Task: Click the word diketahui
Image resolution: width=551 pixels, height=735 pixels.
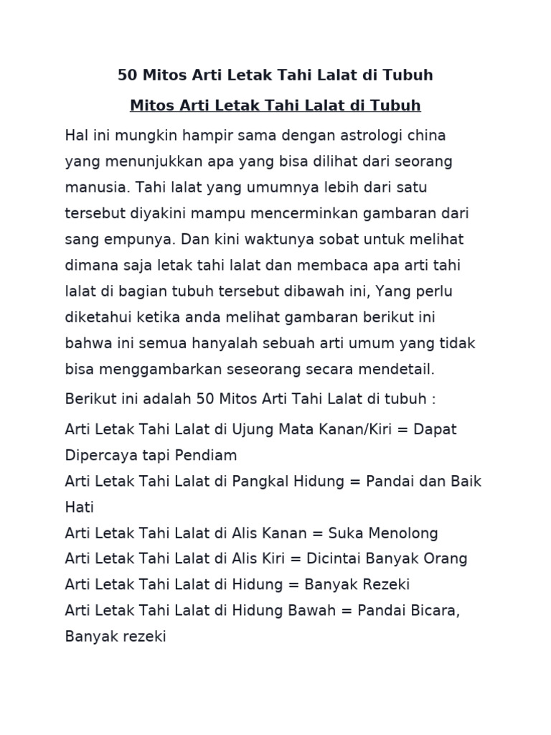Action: tap(100, 317)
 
